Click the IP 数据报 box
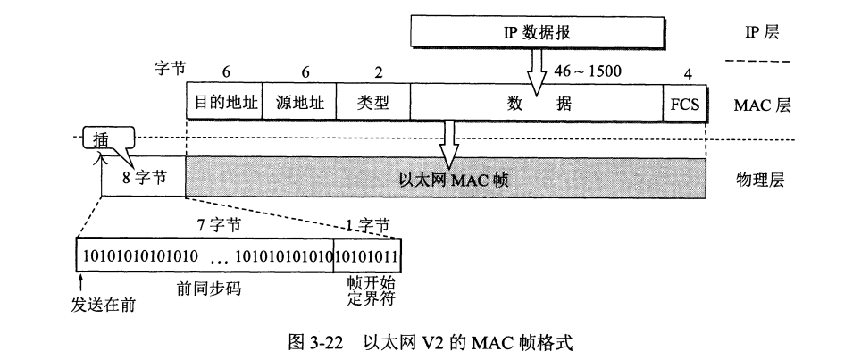536,33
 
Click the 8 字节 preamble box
144,177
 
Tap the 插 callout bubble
104,139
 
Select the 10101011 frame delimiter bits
367,257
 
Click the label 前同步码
212,289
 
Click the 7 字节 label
220,227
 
